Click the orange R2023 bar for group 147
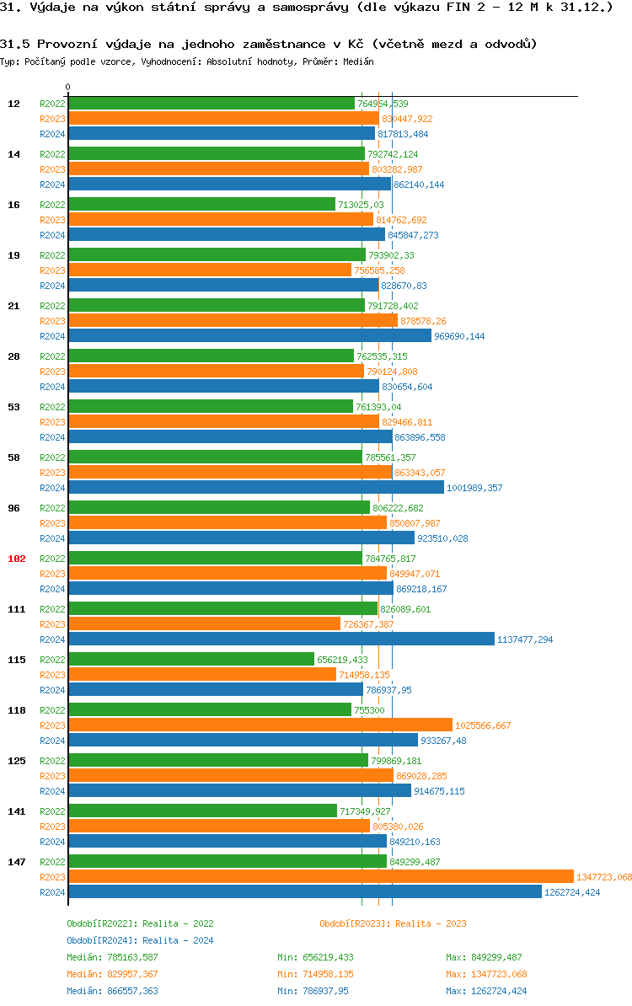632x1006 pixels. (x=320, y=876)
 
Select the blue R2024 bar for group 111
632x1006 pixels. (x=281, y=639)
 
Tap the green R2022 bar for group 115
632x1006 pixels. (x=190, y=659)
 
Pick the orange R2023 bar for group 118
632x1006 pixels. (x=260, y=725)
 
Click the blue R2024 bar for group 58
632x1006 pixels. (x=255, y=487)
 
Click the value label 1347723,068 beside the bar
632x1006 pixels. (x=604, y=877)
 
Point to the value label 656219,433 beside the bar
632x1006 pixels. (x=342, y=660)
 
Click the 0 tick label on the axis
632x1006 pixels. (x=68, y=87)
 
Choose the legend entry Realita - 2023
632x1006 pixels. (x=393, y=923)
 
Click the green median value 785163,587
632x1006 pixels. (x=132, y=957)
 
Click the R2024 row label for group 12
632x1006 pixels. (x=52, y=134)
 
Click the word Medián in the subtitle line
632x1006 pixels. (x=357, y=62)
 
